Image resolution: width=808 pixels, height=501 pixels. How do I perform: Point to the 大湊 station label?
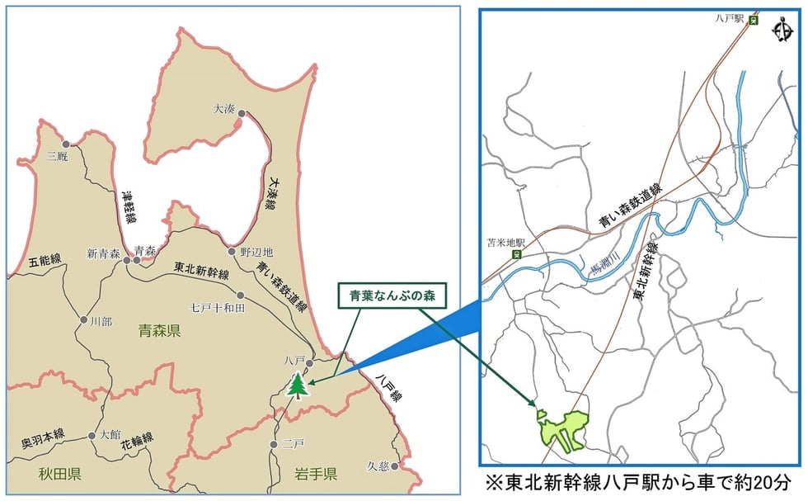pos(224,108)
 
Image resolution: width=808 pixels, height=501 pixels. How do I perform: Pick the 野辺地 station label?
pos(256,251)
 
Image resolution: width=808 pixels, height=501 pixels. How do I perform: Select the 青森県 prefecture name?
pos(160,331)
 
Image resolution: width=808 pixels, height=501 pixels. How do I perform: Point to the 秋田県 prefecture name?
pos(59,473)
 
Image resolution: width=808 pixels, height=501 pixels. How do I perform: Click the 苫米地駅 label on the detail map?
pos(506,244)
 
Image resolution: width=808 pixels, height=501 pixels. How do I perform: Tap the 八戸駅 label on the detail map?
pos(730,16)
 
